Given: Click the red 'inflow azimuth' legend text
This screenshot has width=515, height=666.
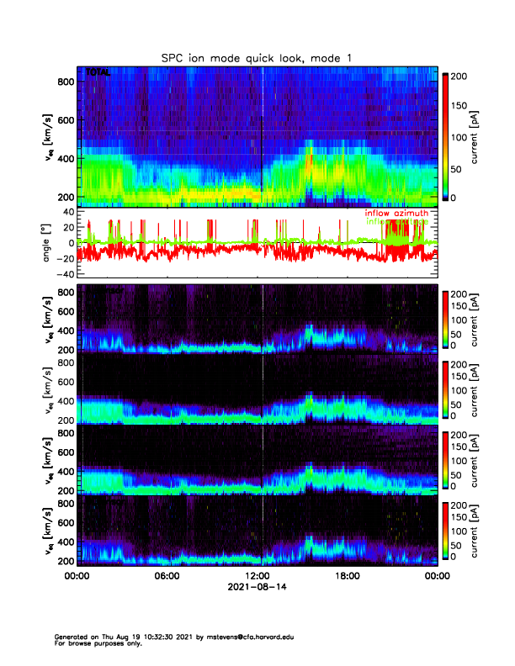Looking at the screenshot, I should [396, 214].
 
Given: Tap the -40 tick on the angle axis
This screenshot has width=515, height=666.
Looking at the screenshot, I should [62, 274].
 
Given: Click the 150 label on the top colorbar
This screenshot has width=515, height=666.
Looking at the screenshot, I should [464, 106].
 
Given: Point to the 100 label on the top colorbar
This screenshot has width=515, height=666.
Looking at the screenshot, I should [464, 136].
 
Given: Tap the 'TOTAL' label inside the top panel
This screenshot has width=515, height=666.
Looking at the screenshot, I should [98, 74].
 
